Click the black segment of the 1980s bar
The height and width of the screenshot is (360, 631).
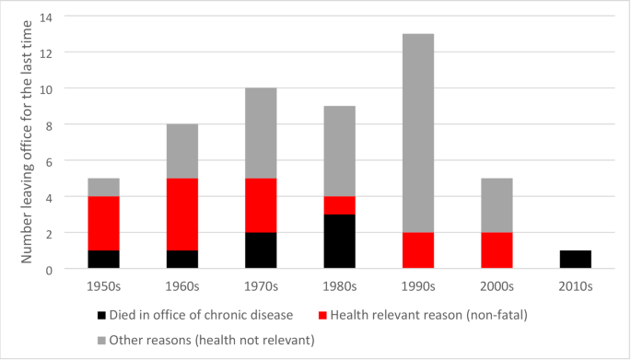[x=339, y=241]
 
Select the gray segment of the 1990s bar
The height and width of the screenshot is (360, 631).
[x=417, y=134]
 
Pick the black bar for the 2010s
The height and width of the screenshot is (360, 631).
[x=575, y=260]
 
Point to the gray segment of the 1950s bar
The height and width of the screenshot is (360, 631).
[x=103, y=188]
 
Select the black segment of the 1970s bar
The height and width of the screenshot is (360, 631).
[x=260, y=250]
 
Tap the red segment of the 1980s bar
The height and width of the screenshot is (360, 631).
[x=339, y=205]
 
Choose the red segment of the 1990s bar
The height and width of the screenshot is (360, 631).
[x=417, y=250]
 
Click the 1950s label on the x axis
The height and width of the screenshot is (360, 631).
[x=103, y=285]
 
